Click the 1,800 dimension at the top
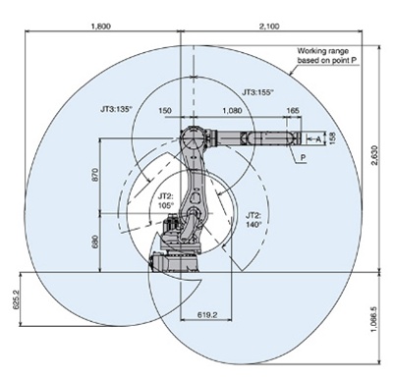click(100, 27)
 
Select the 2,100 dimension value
click(269, 27)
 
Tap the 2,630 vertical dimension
click(375, 155)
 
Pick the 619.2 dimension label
click(207, 315)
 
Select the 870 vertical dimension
click(94, 176)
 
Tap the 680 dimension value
click(94, 242)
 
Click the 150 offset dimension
click(164, 110)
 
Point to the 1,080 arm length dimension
click(233, 110)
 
